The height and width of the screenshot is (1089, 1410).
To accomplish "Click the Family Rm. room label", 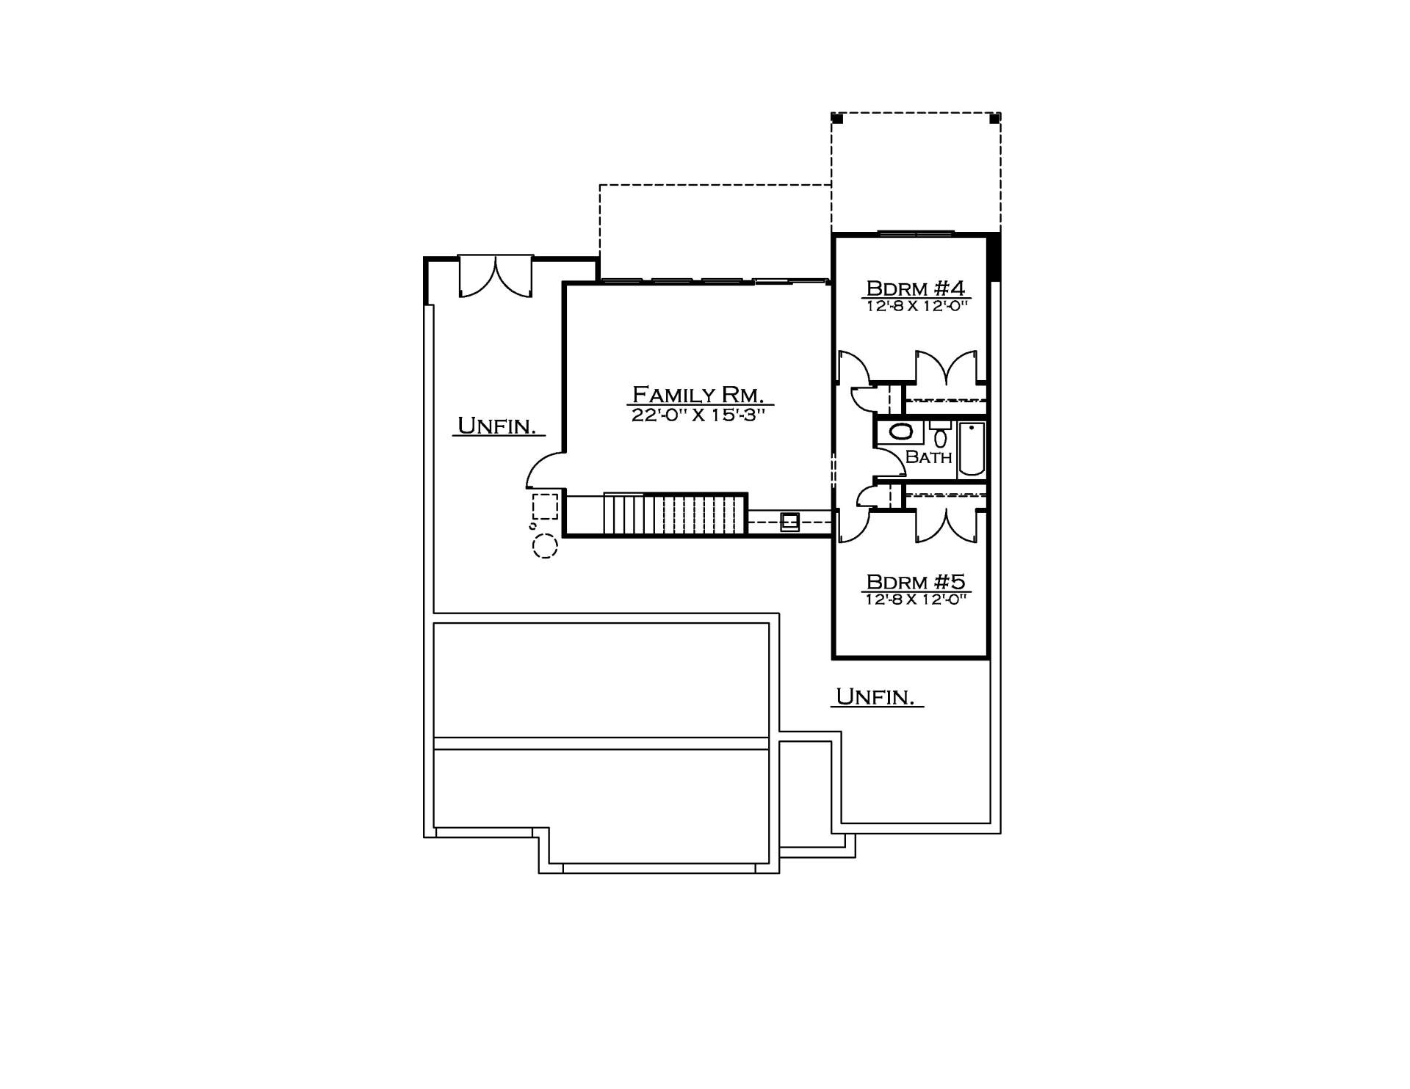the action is pos(699,394).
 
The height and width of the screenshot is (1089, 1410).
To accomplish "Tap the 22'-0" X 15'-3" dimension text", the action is pos(699,415).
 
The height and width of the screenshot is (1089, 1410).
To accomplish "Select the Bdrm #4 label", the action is pos(915,288).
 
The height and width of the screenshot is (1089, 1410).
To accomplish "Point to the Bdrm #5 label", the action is pos(915,582).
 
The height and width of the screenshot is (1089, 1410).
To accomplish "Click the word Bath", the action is pos(928,456).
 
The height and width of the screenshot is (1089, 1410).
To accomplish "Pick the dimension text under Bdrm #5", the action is pos(915,599).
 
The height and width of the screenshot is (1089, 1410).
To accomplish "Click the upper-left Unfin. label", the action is pos(496,426).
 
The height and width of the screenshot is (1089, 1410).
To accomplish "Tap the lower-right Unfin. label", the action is pos(875,696).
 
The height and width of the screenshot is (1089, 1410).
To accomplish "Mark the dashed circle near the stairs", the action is pos(545,546).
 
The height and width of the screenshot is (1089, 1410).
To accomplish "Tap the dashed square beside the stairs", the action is pos(545,506).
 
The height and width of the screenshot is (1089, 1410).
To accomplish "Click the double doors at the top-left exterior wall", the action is pos(496,276).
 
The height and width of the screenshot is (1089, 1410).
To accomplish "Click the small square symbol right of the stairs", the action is pos(790,522).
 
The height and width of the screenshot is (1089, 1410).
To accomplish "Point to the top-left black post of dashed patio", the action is pos(836,117).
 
